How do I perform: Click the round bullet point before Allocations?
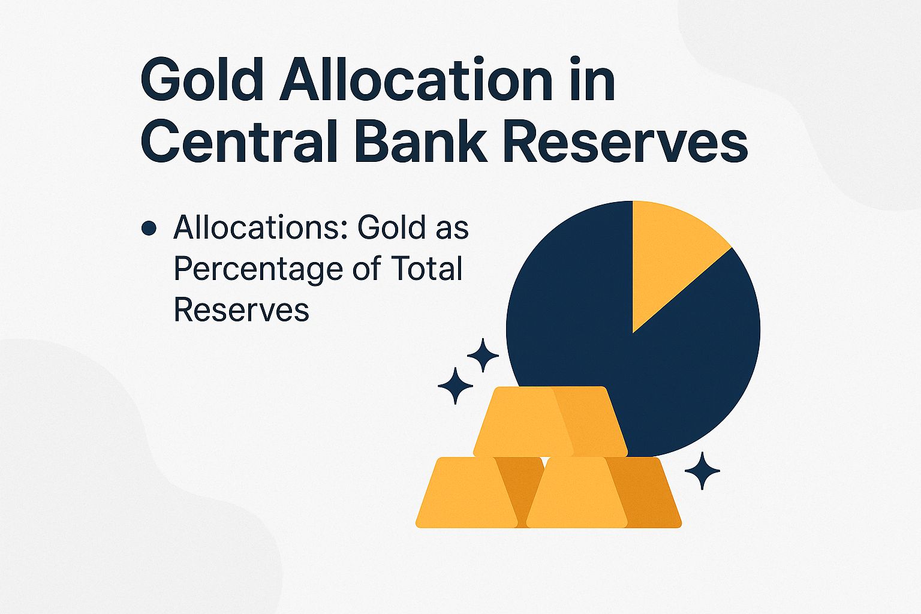(x=149, y=228)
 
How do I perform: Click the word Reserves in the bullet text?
(x=241, y=310)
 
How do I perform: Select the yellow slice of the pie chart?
(x=669, y=252)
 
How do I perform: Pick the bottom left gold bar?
(x=468, y=493)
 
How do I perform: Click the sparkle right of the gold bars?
(x=702, y=471)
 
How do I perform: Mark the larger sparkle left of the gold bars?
(x=455, y=386)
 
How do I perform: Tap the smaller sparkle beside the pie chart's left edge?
(x=483, y=356)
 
